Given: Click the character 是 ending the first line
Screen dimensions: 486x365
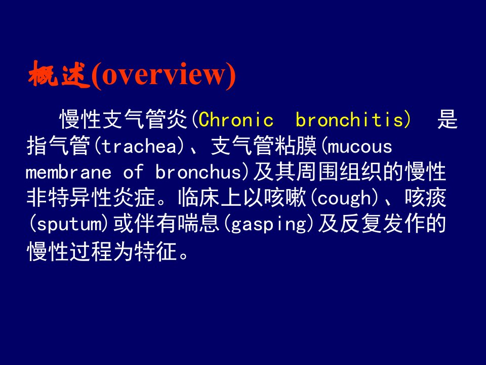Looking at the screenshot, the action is (x=448, y=120).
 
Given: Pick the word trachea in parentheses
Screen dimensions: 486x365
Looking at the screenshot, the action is (x=139, y=147).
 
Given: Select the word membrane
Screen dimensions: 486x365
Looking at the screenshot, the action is (x=68, y=172).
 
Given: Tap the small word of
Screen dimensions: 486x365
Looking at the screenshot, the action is (x=134, y=172).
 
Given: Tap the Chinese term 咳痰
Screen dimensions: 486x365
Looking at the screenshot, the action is (x=425, y=198).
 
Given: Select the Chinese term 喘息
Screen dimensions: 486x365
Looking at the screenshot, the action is (x=198, y=224).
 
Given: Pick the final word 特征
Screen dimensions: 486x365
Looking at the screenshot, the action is (x=155, y=251).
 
